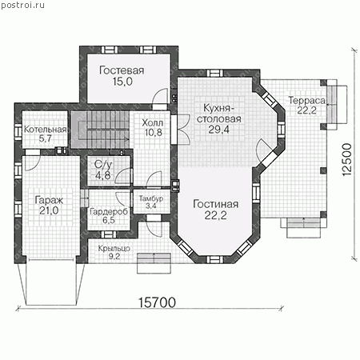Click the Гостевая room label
[x=122, y=70]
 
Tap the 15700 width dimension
[x=157, y=302]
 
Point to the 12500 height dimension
[x=346, y=159]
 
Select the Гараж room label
[x=49, y=201]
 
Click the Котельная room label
[x=45, y=130]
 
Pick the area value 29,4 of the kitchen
[x=218, y=130]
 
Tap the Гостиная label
[x=215, y=204]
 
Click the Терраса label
[x=307, y=101]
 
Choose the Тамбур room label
[x=151, y=198]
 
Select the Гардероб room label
[x=109, y=212]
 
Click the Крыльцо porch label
[x=114, y=249]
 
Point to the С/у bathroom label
[x=102, y=165]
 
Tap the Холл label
[x=153, y=123]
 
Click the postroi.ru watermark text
[x=22, y=5]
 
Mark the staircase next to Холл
[x=100, y=130]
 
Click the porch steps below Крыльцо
[x=154, y=263]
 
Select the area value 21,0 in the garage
[x=49, y=210]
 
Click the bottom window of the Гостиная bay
[x=215, y=259]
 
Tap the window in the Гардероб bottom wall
[x=109, y=234]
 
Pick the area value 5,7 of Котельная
[x=45, y=138]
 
